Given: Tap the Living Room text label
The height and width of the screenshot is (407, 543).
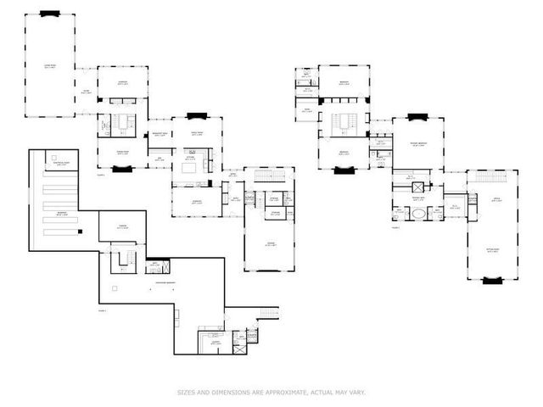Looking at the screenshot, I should pos(51,66).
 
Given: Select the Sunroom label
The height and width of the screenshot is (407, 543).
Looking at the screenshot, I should pos(123,82).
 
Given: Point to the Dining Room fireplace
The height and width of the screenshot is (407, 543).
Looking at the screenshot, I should pos(121,168).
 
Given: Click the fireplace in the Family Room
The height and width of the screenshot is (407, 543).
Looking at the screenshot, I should pos(196,115).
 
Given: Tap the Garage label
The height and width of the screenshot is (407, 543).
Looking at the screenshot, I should pos(271,243).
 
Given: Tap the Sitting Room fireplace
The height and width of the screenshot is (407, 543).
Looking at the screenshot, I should pos(490,279).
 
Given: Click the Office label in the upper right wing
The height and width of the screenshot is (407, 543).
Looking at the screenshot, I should pos(490,200).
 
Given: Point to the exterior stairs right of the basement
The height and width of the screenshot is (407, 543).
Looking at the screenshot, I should pos(269,313).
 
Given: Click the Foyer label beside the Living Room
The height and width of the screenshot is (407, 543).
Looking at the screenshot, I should pos(86,91).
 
